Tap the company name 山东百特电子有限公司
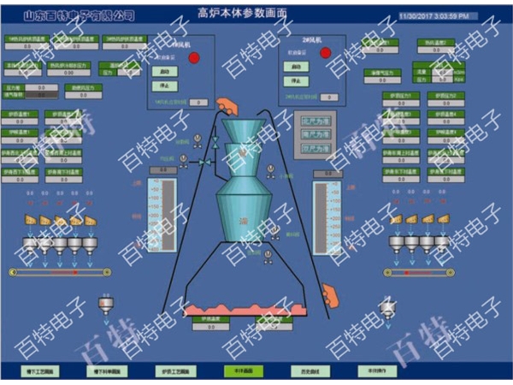coord(79,15)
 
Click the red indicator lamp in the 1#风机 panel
coord(194,57)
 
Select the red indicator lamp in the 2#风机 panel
coord(326,53)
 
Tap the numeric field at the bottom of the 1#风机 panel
coord(198,103)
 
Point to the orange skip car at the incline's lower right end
coord(333,298)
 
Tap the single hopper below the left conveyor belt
coord(106,305)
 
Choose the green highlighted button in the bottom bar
coord(237,371)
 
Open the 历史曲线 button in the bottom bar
coord(304,371)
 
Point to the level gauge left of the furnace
coord(161,214)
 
